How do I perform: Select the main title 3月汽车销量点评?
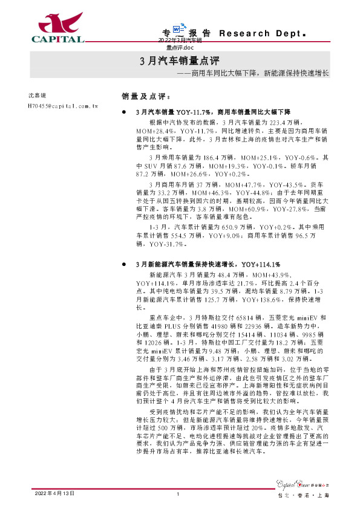[179, 61]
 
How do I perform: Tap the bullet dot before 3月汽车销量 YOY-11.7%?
[125, 112]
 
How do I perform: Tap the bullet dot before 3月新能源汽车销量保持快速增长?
[125, 264]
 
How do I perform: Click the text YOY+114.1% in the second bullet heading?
[261, 264]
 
